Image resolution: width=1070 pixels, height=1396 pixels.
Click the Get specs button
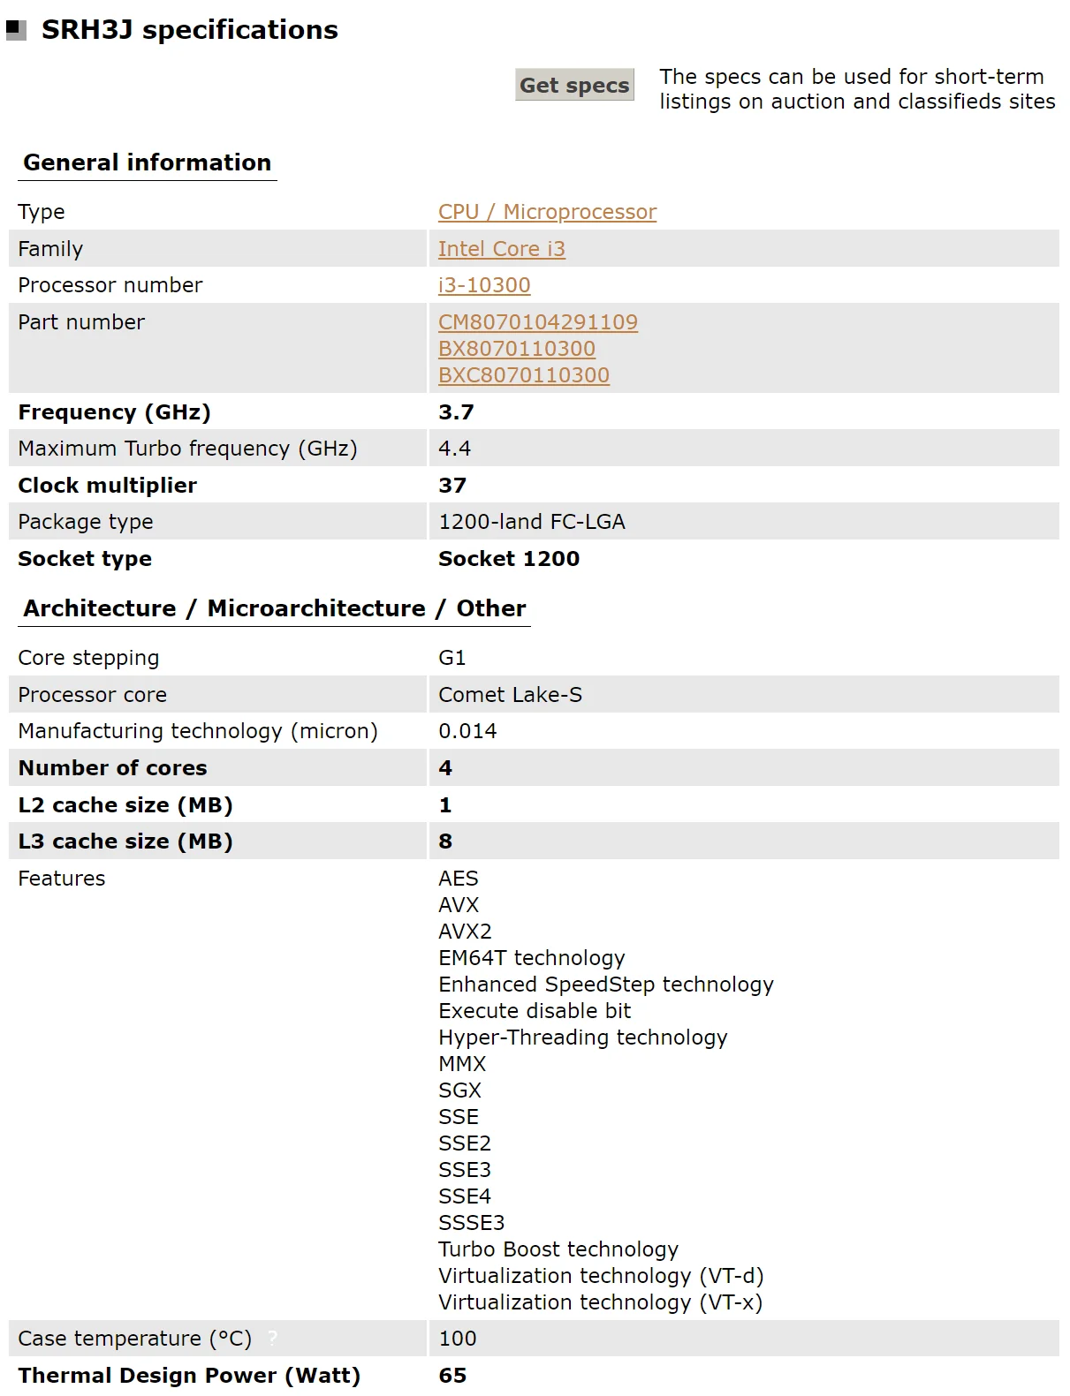[574, 85]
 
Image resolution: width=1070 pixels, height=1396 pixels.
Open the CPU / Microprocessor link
[547, 212]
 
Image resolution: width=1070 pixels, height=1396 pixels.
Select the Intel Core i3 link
[501, 249]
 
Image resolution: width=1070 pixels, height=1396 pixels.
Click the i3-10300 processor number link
[484, 285]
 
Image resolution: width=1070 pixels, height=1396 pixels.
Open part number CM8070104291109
[537, 322]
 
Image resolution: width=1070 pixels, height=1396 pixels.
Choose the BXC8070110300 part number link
[523, 375]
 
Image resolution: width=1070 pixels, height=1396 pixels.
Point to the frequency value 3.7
[456, 412]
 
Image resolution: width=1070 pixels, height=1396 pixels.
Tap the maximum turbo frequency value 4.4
[454, 449]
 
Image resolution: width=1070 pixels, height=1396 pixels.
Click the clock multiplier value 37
[452, 486]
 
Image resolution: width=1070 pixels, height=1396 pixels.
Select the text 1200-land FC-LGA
[531, 522]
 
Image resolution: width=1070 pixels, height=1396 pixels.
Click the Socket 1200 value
[508, 559]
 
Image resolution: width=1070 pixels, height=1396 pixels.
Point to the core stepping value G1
[452, 658]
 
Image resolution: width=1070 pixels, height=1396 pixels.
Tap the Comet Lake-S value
[510, 695]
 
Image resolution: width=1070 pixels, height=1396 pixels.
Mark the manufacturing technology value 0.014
[467, 731]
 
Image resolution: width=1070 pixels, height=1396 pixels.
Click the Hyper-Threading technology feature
[582, 1038]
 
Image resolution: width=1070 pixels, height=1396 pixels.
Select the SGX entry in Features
[459, 1090]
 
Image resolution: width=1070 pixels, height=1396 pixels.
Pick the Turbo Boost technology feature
[558, 1249]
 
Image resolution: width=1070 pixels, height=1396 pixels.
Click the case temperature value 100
[457, 1339]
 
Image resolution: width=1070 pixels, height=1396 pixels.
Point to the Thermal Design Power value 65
[452, 1376]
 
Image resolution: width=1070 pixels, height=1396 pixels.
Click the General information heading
[147, 162]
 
